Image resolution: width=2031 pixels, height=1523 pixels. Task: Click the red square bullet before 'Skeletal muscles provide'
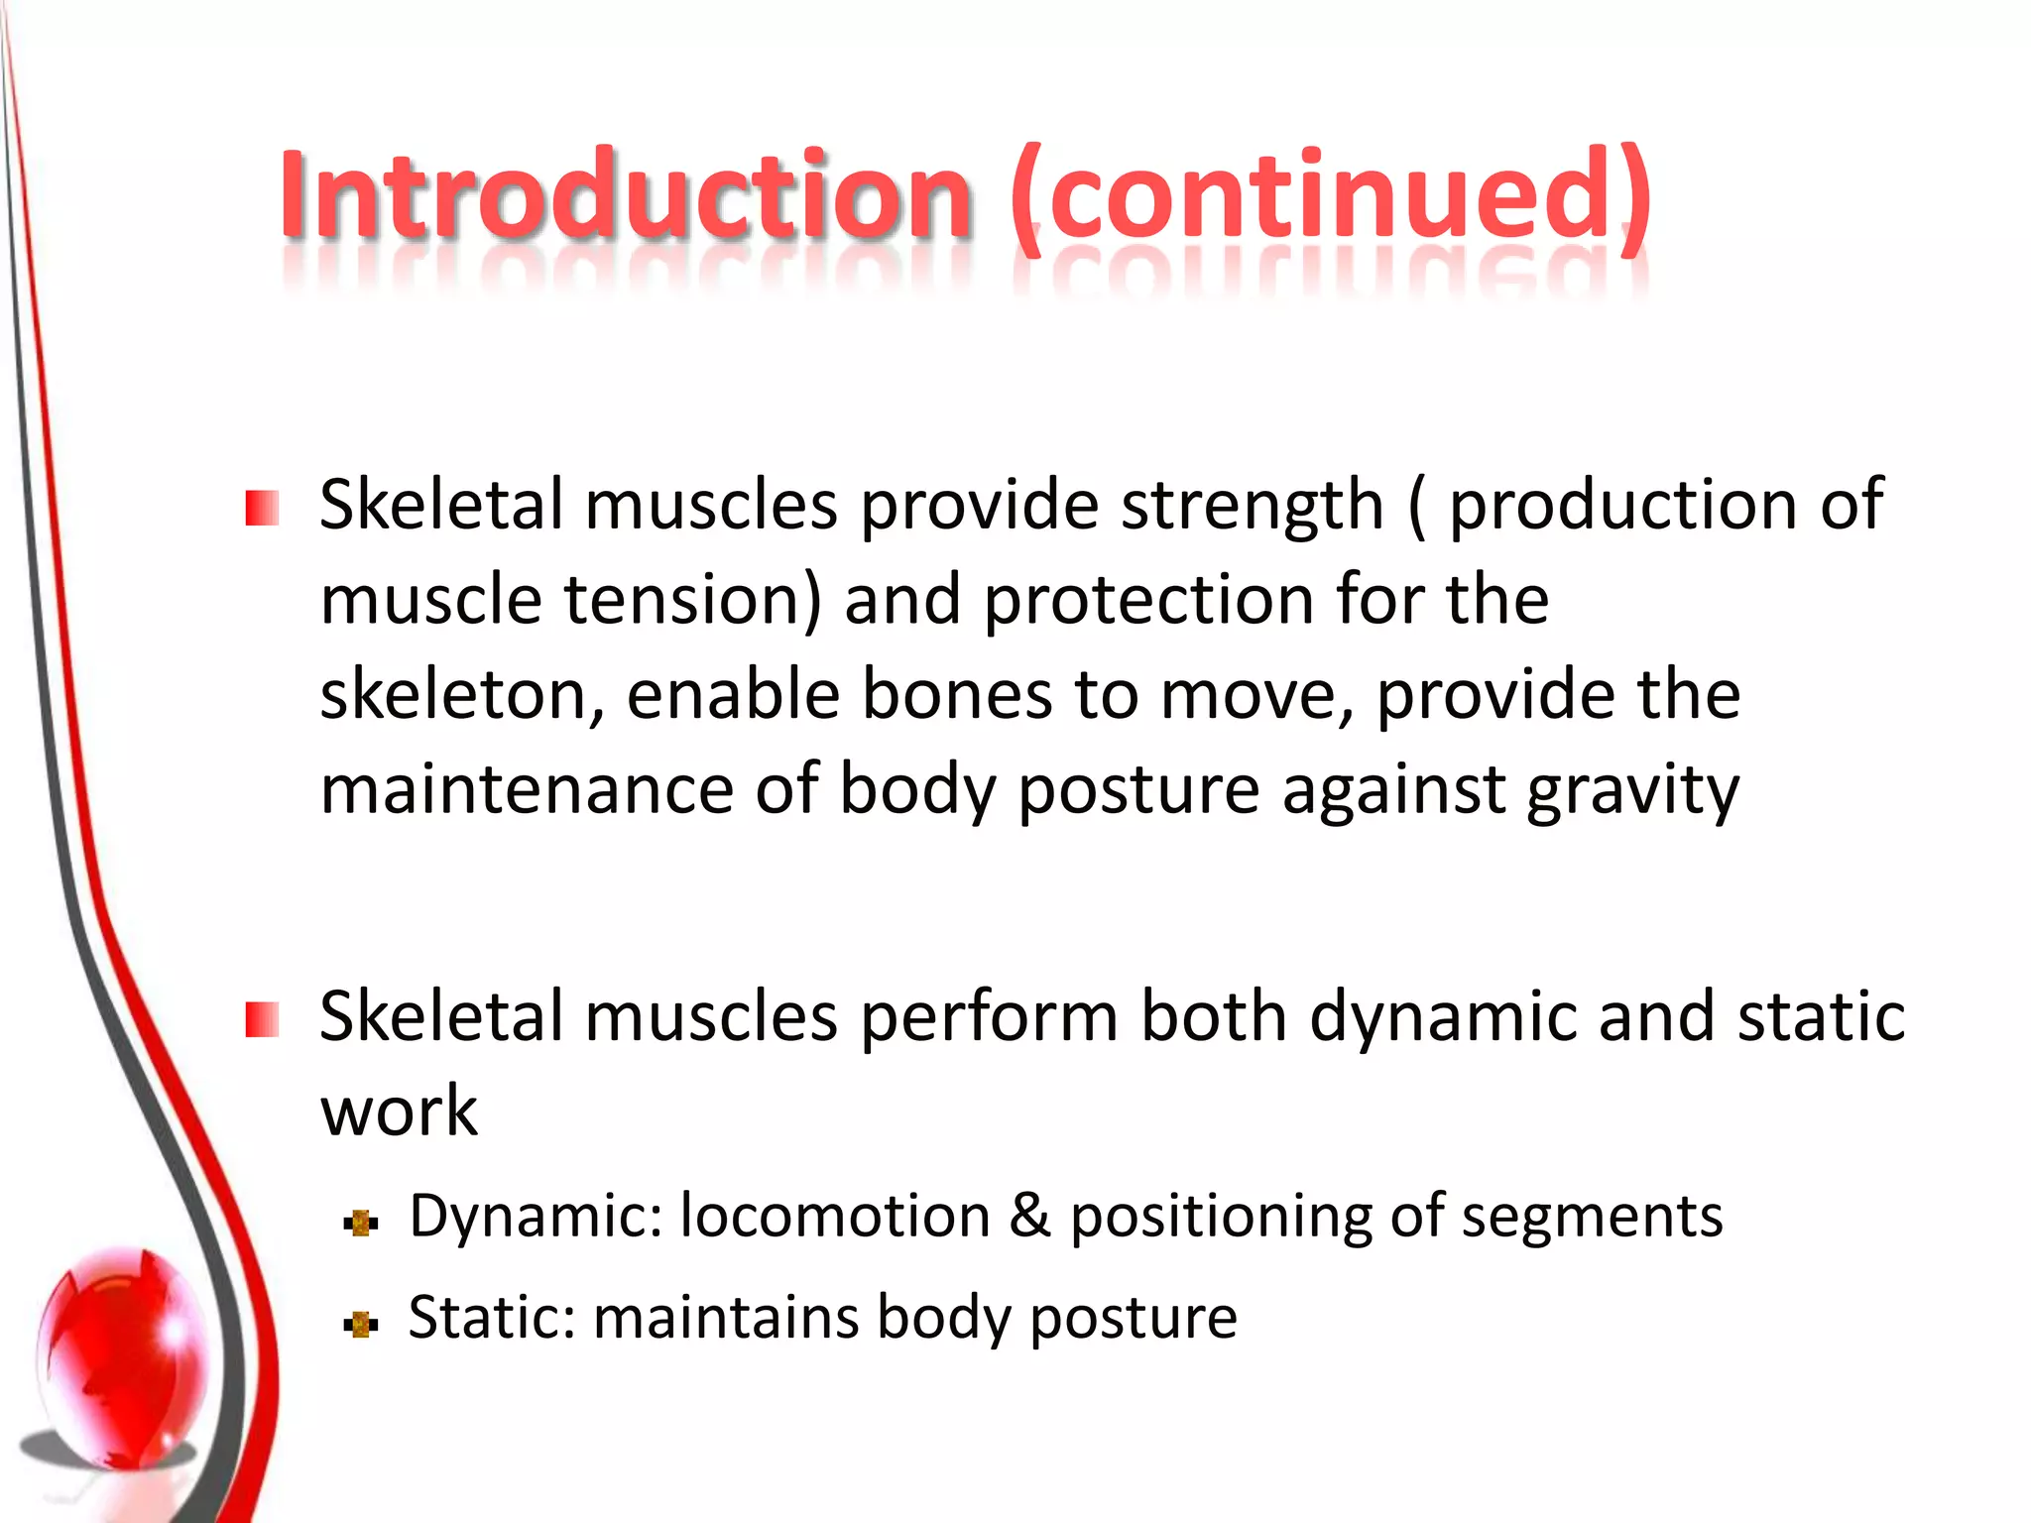pyautogui.click(x=262, y=509)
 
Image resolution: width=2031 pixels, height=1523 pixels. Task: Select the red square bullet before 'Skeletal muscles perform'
pyautogui.click(x=262, y=1019)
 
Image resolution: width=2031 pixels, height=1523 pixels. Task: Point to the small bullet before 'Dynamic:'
pyautogui.click(x=361, y=1223)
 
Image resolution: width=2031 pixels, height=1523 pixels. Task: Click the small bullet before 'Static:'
pyautogui.click(x=361, y=1324)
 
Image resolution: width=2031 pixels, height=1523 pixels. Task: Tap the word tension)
pyautogui.click(x=693, y=601)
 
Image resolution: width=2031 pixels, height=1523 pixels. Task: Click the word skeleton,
pyautogui.click(x=462, y=694)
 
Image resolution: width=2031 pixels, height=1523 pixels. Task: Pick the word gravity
pyautogui.click(x=1632, y=791)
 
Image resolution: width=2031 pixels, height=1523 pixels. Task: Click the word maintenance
pyautogui.click(x=526, y=789)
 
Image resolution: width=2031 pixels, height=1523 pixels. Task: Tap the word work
pyautogui.click(x=399, y=1111)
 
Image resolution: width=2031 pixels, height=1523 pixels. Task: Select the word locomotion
pyautogui.click(x=835, y=1216)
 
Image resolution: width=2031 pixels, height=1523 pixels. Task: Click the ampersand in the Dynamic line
pyautogui.click(x=1029, y=1216)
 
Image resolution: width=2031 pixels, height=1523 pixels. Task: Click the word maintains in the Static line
pyautogui.click(x=724, y=1318)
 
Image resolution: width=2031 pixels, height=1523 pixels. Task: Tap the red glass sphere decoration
pyautogui.click(x=124, y=1358)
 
